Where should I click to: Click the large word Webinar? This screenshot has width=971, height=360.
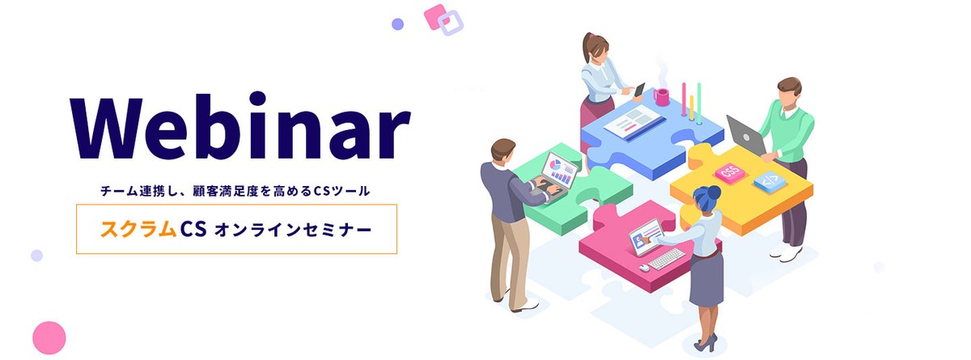[x=240, y=125]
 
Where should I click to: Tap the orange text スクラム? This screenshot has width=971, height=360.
[x=138, y=229]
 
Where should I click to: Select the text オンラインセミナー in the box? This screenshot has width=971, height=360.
[x=294, y=230]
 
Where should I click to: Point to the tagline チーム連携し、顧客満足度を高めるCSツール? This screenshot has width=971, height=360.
[x=235, y=191]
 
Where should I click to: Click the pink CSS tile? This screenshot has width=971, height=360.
[x=730, y=173]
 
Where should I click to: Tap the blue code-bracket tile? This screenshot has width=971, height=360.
[x=770, y=181]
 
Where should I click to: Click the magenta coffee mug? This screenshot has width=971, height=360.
[x=661, y=96]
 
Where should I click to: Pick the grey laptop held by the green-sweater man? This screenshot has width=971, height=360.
[x=746, y=135]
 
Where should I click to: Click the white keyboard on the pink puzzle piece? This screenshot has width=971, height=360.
[x=667, y=259]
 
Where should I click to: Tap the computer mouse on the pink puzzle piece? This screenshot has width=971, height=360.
[x=644, y=268]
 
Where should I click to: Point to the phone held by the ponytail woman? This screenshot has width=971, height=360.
[x=639, y=90]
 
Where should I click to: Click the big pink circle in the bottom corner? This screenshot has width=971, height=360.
[x=49, y=337]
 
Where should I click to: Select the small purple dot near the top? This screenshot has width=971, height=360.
[x=397, y=24]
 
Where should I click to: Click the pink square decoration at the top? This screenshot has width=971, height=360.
[x=435, y=16]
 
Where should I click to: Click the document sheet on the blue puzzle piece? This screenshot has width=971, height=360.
[x=634, y=122]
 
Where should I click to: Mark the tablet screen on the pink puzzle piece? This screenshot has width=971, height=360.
[x=646, y=237]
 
